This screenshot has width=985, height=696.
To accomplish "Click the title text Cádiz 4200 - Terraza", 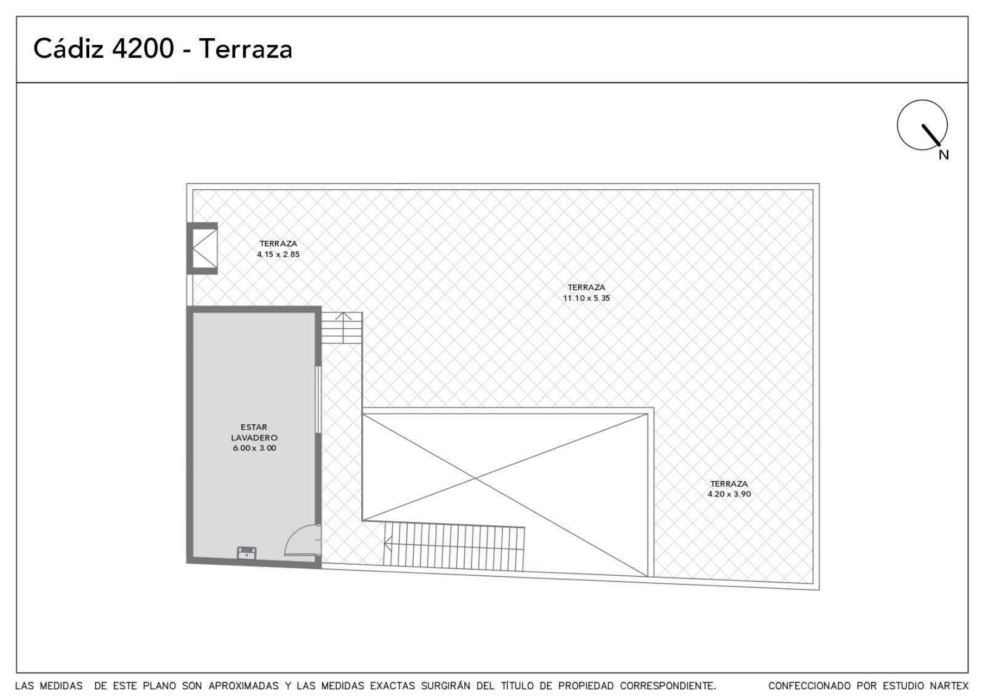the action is (163, 49).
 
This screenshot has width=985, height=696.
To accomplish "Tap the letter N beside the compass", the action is (944, 155).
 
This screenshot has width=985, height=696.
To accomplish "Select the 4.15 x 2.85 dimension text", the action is (278, 254).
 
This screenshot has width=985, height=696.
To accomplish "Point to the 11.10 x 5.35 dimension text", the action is (587, 298).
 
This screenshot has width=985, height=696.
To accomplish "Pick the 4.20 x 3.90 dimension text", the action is (729, 494).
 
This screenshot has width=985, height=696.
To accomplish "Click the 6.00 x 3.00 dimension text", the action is (255, 448).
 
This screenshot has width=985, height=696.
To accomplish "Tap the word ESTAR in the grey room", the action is (254, 427).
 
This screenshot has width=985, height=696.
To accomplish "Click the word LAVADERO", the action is (254, 438).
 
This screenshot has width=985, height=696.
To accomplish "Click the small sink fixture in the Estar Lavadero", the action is (247, 552).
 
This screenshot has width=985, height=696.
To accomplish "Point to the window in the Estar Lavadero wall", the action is (318, 400).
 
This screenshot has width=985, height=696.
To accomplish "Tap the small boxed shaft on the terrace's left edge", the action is (203, 248).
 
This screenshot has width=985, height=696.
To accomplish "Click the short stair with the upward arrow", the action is (342, 328).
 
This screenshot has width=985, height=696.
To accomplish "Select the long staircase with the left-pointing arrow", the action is (454, 546).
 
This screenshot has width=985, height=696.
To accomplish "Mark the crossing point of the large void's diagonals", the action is (475, 477).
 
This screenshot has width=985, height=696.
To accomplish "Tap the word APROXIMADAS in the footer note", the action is (244, 686).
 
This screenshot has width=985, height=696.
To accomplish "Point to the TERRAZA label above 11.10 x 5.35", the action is (587, 287).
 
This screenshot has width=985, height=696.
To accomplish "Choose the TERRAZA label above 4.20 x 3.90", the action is (729, 484).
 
